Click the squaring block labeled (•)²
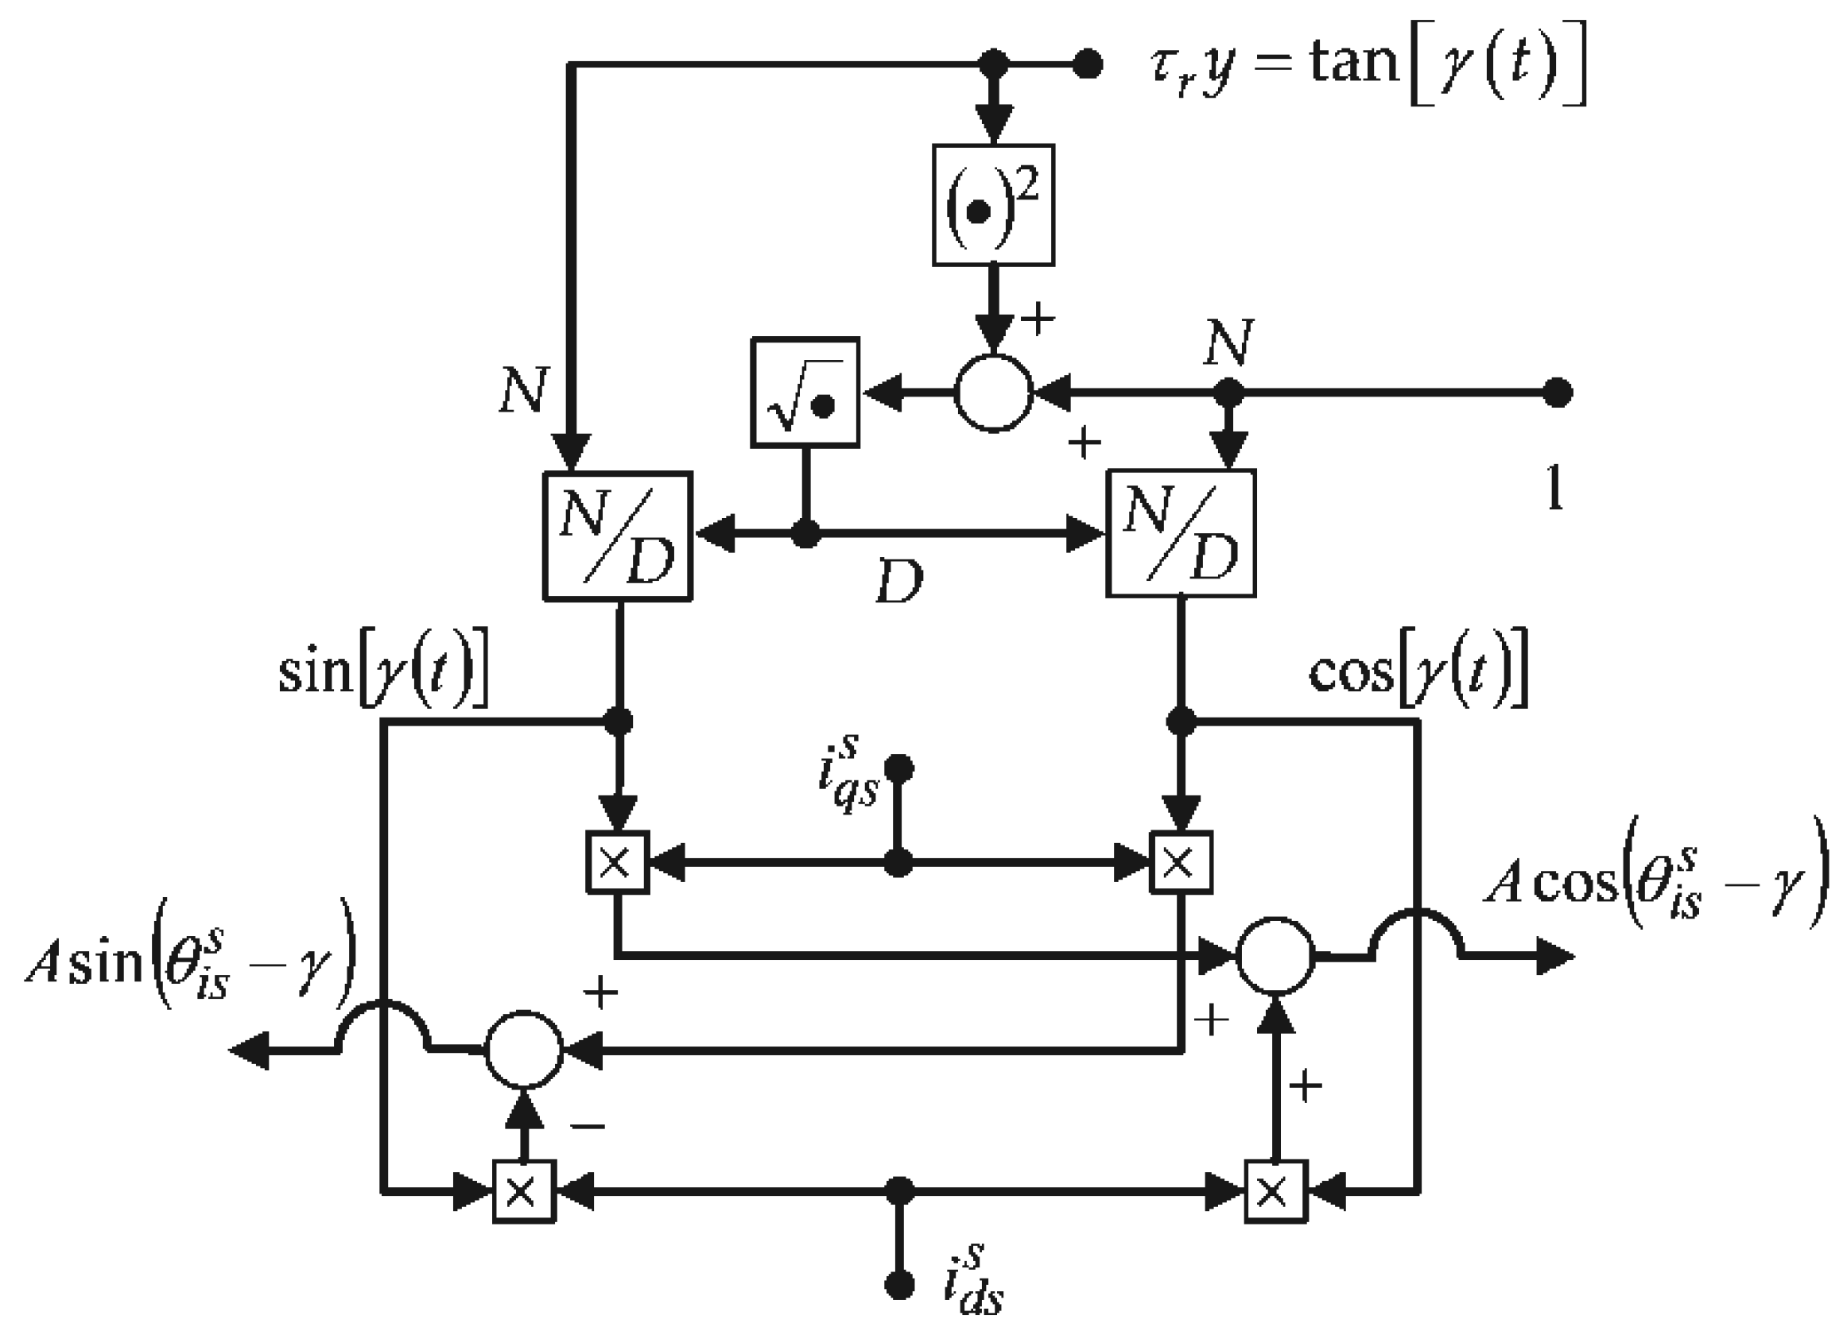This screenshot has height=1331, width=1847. point(993,205)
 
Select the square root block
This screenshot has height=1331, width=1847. point(805,393)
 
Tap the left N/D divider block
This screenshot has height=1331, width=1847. point(617,536)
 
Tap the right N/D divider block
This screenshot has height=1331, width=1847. point(1181,534)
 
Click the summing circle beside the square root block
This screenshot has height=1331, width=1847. point(993,393)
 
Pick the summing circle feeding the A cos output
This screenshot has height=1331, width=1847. point(1275,956)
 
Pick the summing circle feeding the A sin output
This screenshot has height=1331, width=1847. point(524,1050)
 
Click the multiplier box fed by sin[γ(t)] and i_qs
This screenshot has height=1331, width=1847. point(617,862)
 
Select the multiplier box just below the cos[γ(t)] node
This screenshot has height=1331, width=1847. point(1181,862)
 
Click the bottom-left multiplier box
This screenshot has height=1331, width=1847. point(524,1191)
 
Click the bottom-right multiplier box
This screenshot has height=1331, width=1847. point(1275,1191)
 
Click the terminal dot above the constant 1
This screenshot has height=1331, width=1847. point(1557,393)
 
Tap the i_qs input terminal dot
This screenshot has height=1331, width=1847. point(898,768)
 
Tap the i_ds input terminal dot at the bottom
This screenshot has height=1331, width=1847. point(898,1286)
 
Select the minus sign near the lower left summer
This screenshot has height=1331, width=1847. point(588,1127)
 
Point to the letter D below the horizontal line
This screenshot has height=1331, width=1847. point(899,582)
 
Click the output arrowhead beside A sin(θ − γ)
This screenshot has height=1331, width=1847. point(249,1050)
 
